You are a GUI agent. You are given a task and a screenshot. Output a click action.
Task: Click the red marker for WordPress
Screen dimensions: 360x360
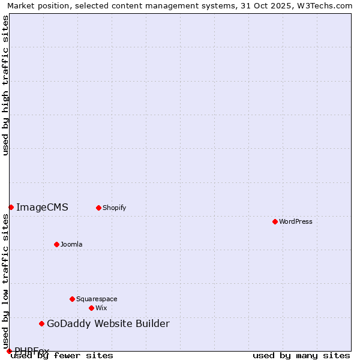click(275, 221)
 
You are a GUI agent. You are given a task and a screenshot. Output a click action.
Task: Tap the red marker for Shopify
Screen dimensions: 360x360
click(98, 208)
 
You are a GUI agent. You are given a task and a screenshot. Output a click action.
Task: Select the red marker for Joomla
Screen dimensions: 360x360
click(56, 244)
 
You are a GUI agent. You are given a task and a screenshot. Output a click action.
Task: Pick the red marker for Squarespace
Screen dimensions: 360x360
click(72, 299)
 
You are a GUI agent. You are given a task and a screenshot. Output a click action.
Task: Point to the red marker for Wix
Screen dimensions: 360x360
click(91, 308)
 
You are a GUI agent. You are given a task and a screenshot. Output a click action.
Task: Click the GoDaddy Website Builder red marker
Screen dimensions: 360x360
click(41, 324)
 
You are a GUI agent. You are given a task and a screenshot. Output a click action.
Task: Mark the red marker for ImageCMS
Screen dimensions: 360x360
click(11, 207)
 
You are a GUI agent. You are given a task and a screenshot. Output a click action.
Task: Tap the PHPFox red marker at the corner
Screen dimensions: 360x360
click(9, 351)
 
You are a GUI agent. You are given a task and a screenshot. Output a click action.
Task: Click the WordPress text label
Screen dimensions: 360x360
click(296, 221)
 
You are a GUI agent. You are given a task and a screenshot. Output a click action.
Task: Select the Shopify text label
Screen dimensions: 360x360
click(114, 208)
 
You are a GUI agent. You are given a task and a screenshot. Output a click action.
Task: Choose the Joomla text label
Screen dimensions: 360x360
click(71, 244)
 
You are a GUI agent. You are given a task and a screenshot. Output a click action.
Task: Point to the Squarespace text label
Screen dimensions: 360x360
click(97, 299)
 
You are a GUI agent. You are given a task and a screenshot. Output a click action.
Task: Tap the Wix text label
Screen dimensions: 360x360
click(101, 308)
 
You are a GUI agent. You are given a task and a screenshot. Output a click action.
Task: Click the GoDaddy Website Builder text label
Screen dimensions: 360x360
click(108, 324)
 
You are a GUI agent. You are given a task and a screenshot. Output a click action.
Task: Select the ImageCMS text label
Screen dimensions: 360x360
click(42, 208)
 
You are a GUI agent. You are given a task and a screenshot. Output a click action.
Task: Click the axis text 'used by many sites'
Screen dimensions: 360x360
click(301, 355)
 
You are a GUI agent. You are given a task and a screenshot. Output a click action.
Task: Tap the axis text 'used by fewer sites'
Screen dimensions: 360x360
click(62, 355)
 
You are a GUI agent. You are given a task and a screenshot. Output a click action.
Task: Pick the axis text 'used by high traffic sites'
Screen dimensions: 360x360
click(5, 85)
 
